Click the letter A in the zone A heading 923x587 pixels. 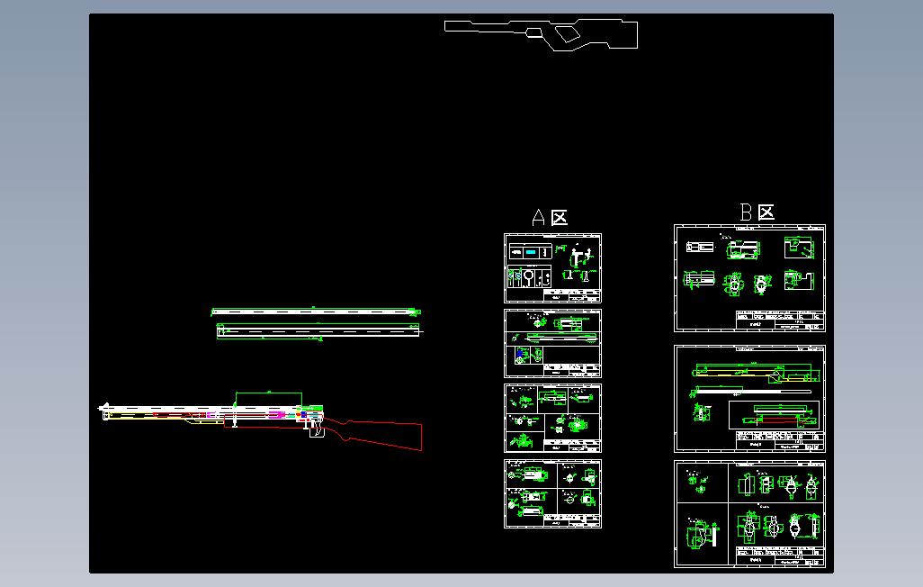click(539, 218)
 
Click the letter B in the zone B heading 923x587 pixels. click(746, 212)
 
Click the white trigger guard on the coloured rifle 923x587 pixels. click(317, 432)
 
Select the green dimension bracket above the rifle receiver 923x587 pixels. click(268, 394)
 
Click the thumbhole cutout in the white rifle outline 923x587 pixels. click(566, 34)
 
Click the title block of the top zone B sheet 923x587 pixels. click(779, 321)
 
